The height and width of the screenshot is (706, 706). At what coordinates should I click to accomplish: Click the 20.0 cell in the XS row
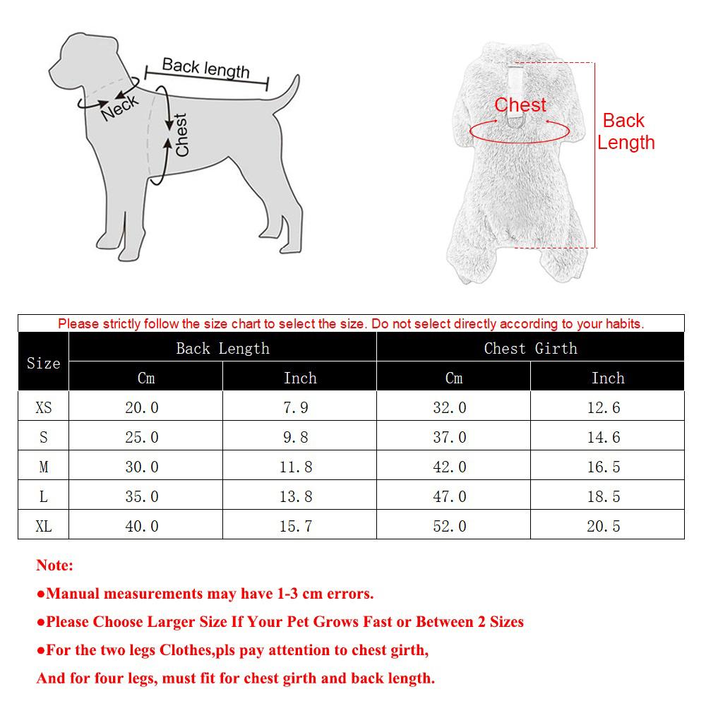[142, 408]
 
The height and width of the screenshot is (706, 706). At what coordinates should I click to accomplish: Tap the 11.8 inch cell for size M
[296, 467]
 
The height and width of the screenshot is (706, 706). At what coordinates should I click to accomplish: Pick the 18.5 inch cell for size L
[604, 497]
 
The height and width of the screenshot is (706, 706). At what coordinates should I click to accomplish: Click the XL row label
[44, 527]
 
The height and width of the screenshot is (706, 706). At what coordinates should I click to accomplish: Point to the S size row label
[44, 438]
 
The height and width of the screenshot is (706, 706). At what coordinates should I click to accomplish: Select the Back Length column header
[222, 348]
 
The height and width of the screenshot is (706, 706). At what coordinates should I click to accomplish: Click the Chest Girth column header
[530, 348]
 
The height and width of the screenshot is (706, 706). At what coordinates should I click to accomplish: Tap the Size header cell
[44, 363]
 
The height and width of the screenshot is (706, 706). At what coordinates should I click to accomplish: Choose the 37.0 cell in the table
[450, 438]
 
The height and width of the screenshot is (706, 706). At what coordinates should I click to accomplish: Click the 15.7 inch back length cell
[296, 527]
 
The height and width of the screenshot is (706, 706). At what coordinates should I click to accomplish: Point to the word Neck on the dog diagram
[120, 107]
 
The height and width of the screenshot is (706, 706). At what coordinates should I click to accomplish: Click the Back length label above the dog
[205, 68]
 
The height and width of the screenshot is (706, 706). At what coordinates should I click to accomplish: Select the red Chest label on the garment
[520, 105]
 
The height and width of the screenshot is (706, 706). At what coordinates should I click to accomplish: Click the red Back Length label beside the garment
[626, 131]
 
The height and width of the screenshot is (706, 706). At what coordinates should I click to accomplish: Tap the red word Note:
[54, 566]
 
